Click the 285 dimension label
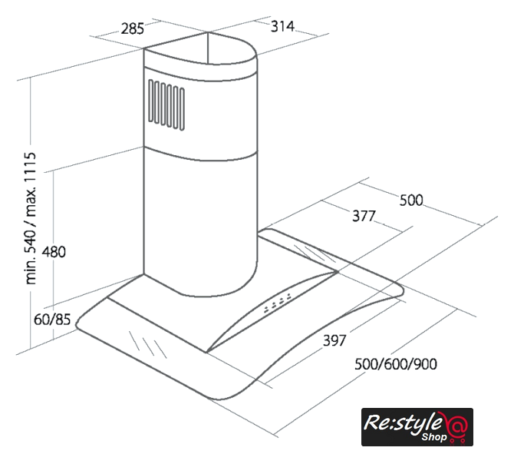[x=133, y=28]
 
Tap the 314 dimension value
[x=282, y=26]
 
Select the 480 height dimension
[x=54, y=252]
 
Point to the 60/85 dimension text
[x=52, y=319]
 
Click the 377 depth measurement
[x=364, y=216]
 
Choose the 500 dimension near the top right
[x=411, y=200]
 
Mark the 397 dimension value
[x=334, y=340]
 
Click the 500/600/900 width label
[x=396, y=364]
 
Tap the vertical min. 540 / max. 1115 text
[x=30, y=218]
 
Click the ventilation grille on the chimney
[x=166, y=104]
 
